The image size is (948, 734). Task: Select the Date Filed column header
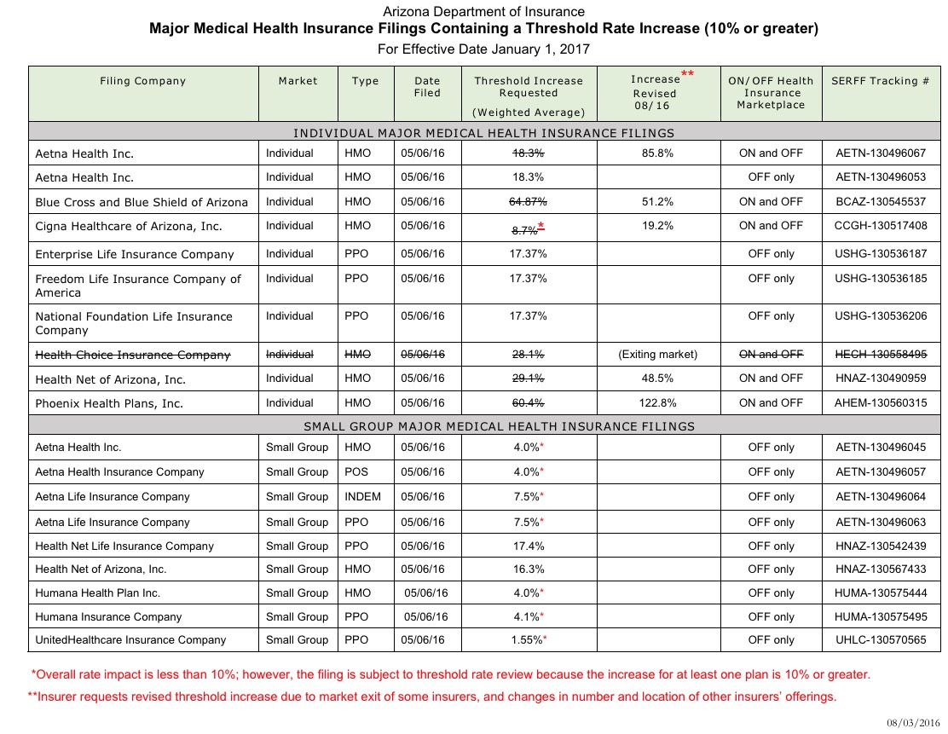pos(427,87)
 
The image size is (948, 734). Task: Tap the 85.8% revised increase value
pos(657,153)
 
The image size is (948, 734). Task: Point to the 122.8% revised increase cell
pos(657,403)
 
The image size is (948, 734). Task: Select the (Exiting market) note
pos(657,355)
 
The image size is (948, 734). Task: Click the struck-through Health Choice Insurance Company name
pos(133,355)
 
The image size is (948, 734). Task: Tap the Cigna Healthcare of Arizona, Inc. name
pos(129,227)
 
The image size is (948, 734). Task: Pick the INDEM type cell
pos(362,496)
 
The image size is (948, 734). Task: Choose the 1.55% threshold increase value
pos(529,639)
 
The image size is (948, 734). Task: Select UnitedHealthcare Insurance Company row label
pos(130,639)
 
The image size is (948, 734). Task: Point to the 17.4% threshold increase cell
pos(529,546)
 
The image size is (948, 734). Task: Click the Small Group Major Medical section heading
pos(499,426)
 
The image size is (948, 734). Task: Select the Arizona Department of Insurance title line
pos(483,12)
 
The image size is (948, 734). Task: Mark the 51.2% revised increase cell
pos(657,202)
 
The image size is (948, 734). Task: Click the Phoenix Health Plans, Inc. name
pos(109,403)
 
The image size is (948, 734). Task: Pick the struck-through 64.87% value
pos(529,202)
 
